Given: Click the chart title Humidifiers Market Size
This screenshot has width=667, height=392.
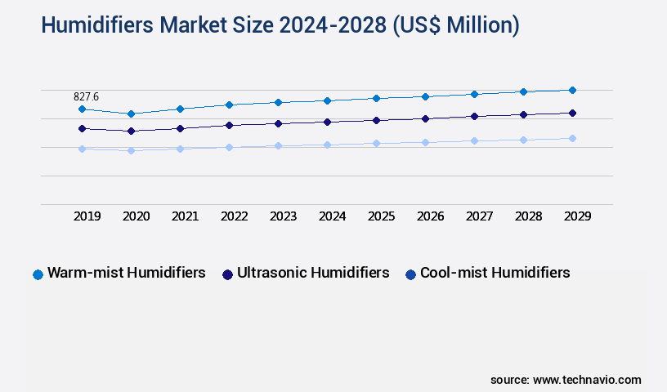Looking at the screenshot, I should tap(280, 25).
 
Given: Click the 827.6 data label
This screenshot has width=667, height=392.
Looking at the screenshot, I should tap(86, 96).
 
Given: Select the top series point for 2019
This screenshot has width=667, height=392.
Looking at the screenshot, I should tap(82, 109).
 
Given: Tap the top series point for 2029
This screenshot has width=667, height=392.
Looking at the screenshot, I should tap(572, 90).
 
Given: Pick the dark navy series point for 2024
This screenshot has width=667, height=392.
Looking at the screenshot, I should tap(327, 122).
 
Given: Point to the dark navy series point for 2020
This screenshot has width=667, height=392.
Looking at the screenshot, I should tap(131, 131).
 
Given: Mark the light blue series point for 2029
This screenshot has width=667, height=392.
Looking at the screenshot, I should tap(572, 138).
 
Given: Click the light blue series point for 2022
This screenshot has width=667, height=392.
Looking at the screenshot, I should tap(229, 147).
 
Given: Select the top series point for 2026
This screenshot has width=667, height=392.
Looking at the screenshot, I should tap(425, 96).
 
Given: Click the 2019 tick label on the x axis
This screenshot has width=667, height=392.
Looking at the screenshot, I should tap(87, 216).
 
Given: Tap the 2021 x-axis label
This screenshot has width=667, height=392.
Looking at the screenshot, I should tap(185, 216).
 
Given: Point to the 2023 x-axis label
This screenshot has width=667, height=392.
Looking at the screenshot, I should tap(283, 216).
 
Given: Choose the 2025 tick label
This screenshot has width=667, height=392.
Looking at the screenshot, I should tap(381, 216).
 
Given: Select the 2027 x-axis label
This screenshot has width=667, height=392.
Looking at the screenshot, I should tap(479, 216).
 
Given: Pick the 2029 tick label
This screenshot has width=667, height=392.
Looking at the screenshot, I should tap(577, 216).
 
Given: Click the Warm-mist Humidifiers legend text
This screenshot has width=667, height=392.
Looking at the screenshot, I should tap(126, 273).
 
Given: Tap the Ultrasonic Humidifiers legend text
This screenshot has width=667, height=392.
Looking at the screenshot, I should tap(313, 273).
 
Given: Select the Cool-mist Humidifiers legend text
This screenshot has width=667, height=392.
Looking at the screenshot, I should tap(495, 273).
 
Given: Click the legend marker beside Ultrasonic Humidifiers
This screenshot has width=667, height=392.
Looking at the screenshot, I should tap(227, 274).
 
